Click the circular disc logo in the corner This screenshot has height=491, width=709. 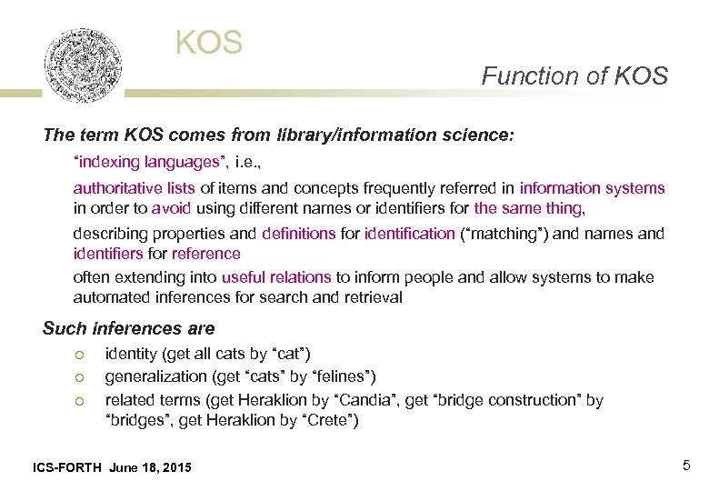[x=84, y=65]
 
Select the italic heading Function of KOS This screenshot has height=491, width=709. [x=574, y=76]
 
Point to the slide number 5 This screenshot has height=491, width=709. [x=686, y=466]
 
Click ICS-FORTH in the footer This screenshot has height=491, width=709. [x=66, y=467]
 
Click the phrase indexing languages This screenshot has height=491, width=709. [x=149, y=164]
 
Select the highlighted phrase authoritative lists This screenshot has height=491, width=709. [x=135, y=188]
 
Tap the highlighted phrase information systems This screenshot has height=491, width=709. [x=592, y=188]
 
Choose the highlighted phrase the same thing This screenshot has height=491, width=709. [x=528, y=208]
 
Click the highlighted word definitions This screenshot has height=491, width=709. [x=298, y=234]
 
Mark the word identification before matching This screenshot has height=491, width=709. [x=409, y=234]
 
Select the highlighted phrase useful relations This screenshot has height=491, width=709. [x=276, y=277]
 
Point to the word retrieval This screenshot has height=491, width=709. [x=373, y=297]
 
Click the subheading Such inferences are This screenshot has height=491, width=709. [x=129, y=328]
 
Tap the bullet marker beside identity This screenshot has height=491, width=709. [x=80, y=354]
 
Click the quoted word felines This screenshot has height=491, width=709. [x=343, y=376]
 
